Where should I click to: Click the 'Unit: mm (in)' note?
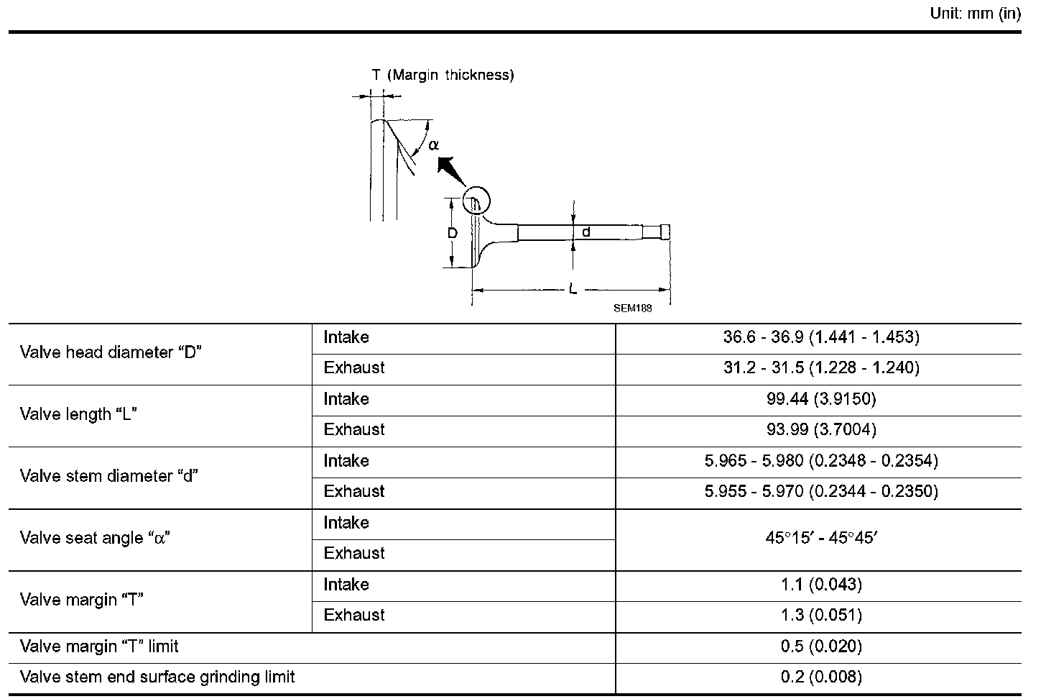tap(975, 14)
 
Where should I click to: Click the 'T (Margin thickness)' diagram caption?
tap(443, 75)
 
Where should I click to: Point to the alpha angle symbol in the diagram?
tap(433, 145)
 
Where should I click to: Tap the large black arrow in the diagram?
tap(450, 173)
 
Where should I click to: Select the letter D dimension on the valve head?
tap(453, 233)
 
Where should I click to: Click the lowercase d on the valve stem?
tap(586, 232)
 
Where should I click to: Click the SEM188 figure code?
tap(632, 308)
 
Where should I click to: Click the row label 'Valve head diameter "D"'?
tap(111, 352)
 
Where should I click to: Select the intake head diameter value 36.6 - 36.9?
tap(821, 337)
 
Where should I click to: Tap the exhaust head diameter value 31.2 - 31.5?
tap(821, 367)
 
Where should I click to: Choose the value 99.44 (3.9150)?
tap(821, 399)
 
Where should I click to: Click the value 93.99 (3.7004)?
tap(821, 430)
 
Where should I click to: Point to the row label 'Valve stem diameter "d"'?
tap(109, 476)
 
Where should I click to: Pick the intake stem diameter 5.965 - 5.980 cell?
tap(821, 461)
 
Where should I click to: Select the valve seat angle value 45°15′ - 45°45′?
tap(821, 538)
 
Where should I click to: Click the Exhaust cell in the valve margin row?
tap(354, 615)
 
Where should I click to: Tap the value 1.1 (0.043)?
tap(821, 585)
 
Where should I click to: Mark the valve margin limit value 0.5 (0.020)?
tap(821, 647)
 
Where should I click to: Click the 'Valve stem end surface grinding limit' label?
tap(157, 677)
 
